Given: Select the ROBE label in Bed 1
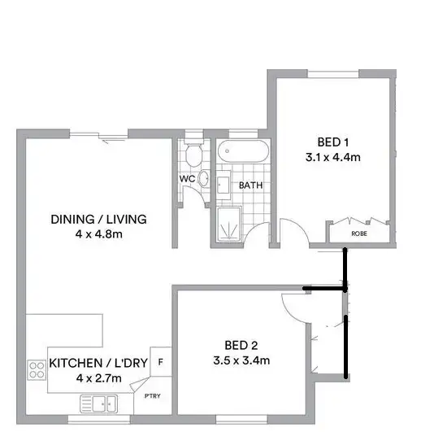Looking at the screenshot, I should click(358, 233).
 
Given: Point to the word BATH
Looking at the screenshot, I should click(250, 185).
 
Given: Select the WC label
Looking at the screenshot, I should click(185, 179).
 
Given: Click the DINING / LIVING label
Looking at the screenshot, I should click(98, 219).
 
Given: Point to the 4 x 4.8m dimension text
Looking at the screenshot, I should click(98, 234).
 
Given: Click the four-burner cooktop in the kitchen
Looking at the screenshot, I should click(37, 372).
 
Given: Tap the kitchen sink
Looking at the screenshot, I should click(102, 402).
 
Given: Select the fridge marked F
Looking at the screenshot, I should click(161, 362).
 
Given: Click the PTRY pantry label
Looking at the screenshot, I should click(152, 397).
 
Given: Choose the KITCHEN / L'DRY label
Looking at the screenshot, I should click(98, 363).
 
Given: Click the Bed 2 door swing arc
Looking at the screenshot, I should click(291, 308).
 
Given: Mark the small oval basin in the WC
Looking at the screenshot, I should click(203, 181).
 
